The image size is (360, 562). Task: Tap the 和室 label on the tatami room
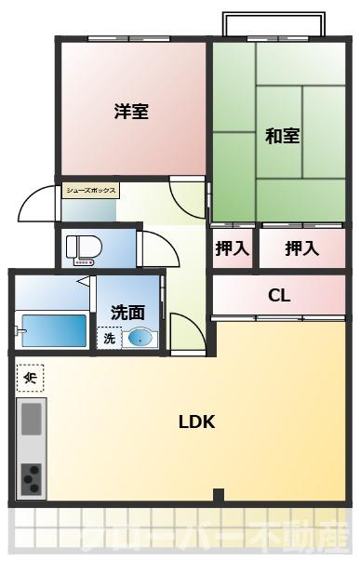[282, 136]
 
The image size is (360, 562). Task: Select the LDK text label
[197, 421]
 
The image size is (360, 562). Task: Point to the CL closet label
[279, 297]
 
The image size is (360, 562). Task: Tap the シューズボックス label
[91, 190]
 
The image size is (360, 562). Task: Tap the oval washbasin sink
[139, 339]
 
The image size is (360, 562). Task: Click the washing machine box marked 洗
[109, 339]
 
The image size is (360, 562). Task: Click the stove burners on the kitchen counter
[32, 478]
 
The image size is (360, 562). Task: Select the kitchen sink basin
[32, 418]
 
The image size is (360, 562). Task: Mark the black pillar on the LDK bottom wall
[217, 496]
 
